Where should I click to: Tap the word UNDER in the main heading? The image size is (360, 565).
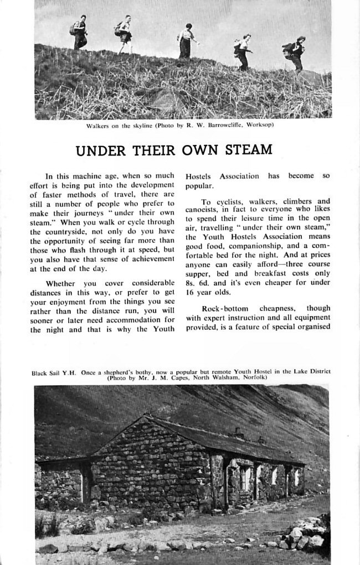(97, 150)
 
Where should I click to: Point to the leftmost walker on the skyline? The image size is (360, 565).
(80, 32)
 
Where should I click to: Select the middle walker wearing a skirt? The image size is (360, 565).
(186, 42)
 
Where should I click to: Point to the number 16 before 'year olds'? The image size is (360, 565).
(190, 292)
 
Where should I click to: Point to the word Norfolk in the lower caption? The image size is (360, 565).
(255, 377)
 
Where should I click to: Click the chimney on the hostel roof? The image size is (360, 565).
(238, 432)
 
